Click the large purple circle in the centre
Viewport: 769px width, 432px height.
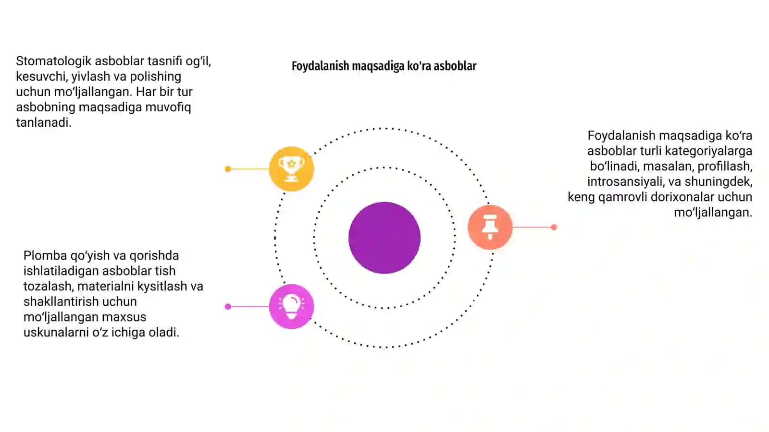pos(384,238)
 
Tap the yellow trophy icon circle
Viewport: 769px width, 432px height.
pos(291,168)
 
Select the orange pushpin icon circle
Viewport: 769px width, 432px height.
pos(490,227)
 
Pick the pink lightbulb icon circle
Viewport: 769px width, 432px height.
pos(291,307)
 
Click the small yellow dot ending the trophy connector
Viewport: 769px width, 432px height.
pos(228,169)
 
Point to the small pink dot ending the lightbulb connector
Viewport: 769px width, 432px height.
pos(228,307)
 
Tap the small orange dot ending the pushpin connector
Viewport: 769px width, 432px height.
pos(554,227)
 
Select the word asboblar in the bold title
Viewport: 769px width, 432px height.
pos(455,65)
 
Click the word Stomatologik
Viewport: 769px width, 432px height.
pos(53,61)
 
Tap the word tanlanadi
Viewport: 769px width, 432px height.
pos(44,122)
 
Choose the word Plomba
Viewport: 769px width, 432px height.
pos(45,255)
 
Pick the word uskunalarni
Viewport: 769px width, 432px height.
pos(56,332)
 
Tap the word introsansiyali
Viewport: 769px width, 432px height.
pos(626,181)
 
